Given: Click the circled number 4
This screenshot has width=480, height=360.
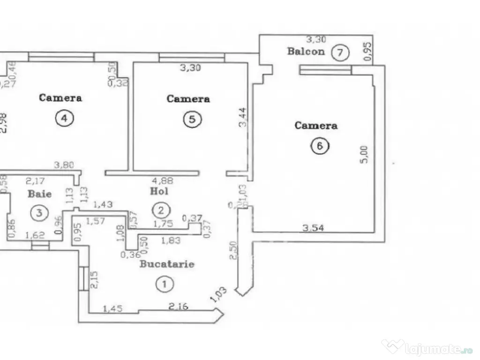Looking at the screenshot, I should point(64,119).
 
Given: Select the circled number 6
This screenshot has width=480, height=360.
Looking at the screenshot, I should point(320,146).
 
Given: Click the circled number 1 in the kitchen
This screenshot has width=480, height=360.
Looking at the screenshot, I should point(164,283).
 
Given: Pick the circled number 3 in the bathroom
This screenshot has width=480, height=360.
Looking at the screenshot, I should point(39,213).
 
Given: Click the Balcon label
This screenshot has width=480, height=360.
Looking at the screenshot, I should point(306,51).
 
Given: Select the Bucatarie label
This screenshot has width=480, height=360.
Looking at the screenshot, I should point(167,264).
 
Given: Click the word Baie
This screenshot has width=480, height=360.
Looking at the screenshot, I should point(39,193).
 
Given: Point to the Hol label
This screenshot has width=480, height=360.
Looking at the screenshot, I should point(159,191).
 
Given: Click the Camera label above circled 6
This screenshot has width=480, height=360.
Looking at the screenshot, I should point(316,126).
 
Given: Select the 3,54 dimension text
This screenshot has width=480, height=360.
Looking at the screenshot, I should point(313,228).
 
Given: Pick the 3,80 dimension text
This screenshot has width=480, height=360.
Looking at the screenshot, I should point(64,165).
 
